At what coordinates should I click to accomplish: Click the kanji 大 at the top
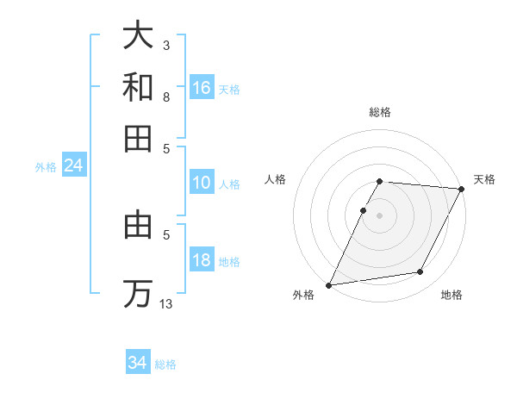pyautogui.click(x=138, y=35)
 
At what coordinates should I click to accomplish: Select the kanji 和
pyautogui.click(x=138, y=88)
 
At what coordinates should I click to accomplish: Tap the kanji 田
pyautogui.click(x=138, y=138)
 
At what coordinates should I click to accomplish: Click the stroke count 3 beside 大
pyautogui.click(x=165, y=45)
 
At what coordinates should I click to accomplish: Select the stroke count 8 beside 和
pyautogui.click(x=165, y=97)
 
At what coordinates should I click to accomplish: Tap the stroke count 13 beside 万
pyautogui.click(x=166, y=303)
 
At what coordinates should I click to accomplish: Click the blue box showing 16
pyautogui.click(x=202, y=88)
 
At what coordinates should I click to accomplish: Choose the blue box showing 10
pyautogui.click(x=202, y=183)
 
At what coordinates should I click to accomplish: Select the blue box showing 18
pyautogui.click(x=202, y=261)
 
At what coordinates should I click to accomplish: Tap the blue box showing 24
pyautogui.click(x=74, y=166)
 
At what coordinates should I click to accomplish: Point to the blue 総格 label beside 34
pyautogui.click(x=165, y=364)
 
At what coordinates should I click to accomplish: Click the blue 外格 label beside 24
pyautogui.click(x=45, y=168)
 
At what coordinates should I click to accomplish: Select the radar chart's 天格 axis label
pyautogui.click(x=484, y=179)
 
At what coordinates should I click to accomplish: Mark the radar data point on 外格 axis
pyautogui.click(x=328, y=285)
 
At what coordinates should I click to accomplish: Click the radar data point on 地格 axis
pyautogui.click(x=420, y=272)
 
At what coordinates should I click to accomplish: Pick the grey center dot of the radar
pyautogui.click(x=380, y=215)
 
